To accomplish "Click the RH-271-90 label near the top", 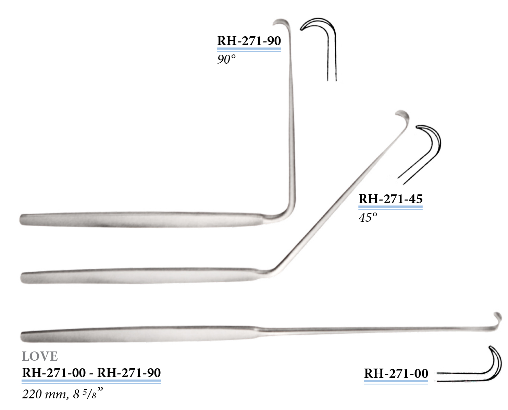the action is (249, 41).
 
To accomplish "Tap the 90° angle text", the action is (226, 59).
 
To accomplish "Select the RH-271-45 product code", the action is (391, 199).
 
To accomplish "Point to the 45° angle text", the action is (368, 217).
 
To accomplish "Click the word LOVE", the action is (40, 356).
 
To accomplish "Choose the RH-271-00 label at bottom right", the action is (396, 373).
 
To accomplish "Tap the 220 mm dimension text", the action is (45, 394).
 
